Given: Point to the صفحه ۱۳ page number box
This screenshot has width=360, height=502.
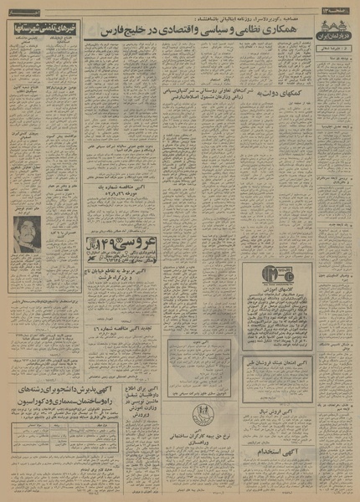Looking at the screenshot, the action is click(338, 7).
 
